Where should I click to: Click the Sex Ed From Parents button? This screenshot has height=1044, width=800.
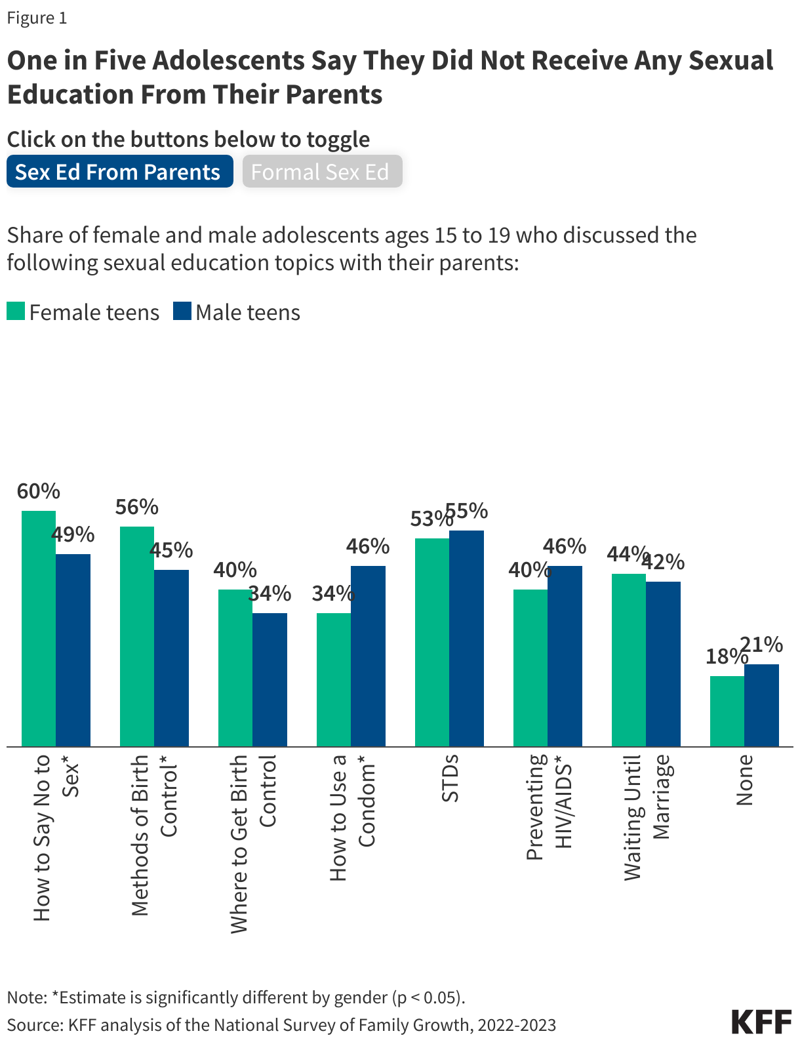119,172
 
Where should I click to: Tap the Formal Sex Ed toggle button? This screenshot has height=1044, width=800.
321,172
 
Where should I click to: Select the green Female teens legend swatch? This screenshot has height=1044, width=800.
16,311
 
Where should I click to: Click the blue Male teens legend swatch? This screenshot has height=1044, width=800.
182,311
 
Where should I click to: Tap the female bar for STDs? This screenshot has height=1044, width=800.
432,642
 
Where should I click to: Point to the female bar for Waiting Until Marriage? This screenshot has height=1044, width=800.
629,660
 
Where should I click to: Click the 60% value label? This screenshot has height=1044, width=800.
39,491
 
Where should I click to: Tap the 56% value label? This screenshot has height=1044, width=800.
136,507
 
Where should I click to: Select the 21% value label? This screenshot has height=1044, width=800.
762,645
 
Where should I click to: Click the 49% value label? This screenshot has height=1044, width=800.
73,534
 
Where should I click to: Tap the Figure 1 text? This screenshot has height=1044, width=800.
37,18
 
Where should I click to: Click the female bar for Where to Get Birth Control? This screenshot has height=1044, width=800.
235,668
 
